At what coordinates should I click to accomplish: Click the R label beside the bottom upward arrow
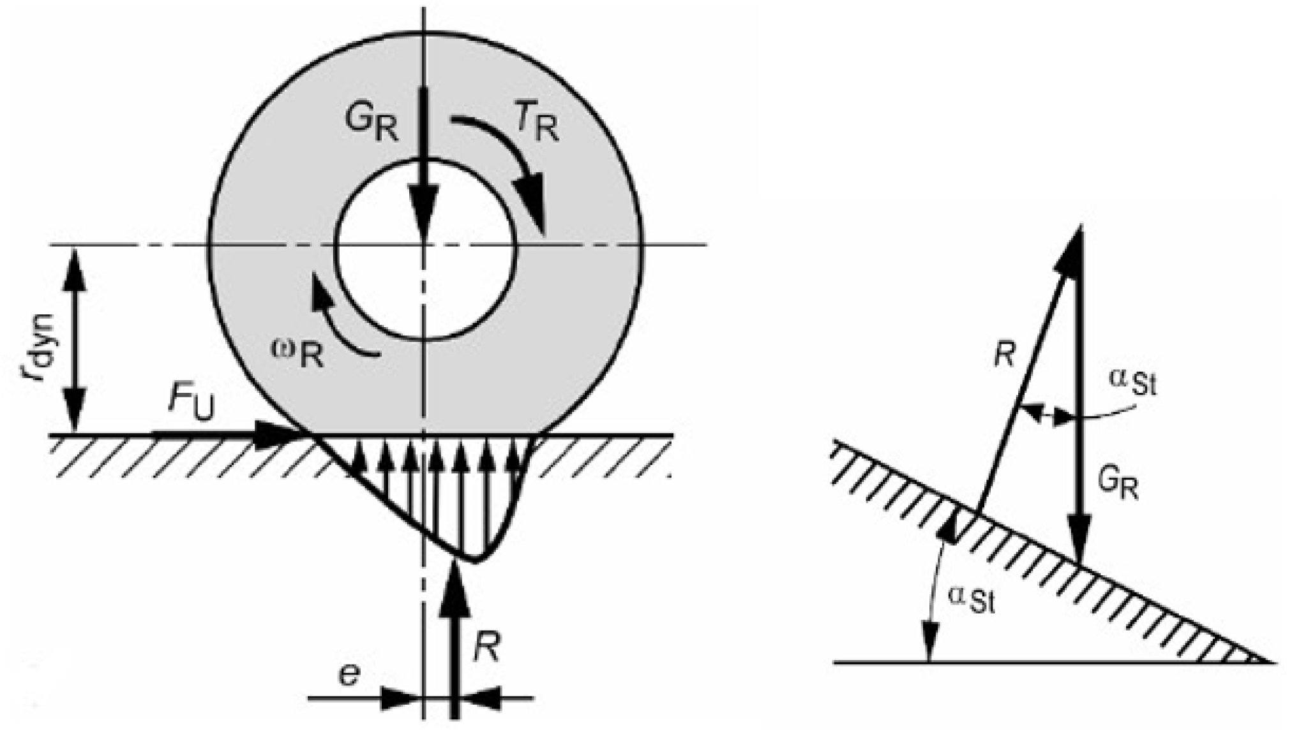tap(487, 647)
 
